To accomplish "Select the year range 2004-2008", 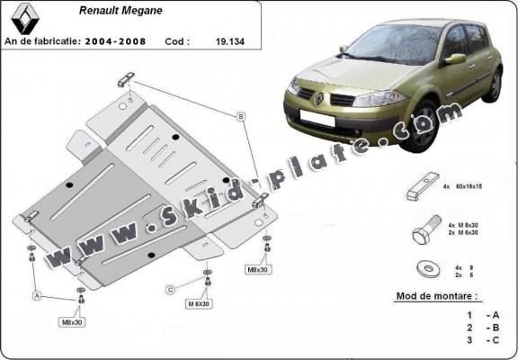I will [115, 41].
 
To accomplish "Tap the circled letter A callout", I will [38, 294].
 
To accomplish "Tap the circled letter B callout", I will [241, 116].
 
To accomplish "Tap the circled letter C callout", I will [170, 289].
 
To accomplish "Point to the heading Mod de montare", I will [438, 295].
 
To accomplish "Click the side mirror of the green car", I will [455, 59].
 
